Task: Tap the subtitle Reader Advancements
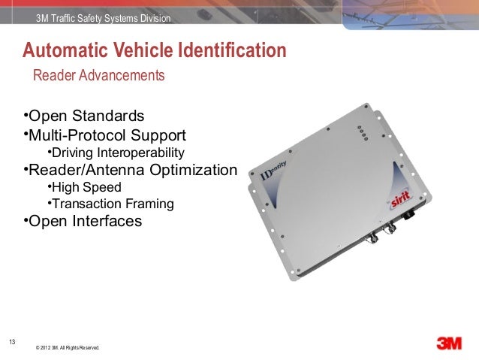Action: point(98,77)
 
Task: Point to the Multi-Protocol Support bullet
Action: point(106,136)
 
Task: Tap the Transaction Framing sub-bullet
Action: point(113,204)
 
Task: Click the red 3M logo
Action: point(453,343)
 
